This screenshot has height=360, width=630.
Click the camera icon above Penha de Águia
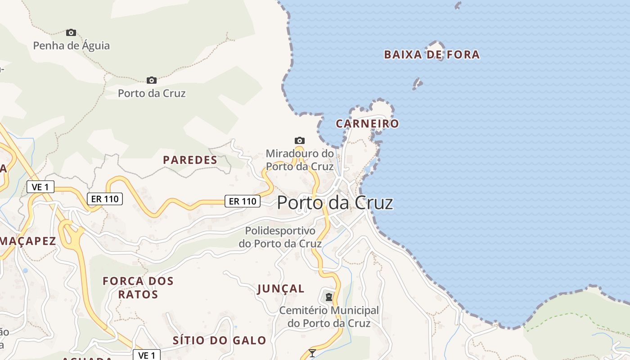click(71, 32)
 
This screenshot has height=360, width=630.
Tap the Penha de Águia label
click(72, 45)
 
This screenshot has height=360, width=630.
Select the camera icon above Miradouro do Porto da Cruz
click(299, 140)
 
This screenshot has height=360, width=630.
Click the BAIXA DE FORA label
click(432, 55)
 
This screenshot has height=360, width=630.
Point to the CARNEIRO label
click(367, 124)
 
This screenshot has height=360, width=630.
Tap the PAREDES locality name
click(190, 160)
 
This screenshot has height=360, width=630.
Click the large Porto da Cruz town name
click(335, 203)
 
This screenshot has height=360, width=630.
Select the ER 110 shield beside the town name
click(243, 201)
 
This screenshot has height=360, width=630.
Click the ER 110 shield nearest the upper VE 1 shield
click(104, 198)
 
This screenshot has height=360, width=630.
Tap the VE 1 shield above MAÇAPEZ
click(40, 187)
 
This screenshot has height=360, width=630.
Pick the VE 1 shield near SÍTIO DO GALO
click(147, 355)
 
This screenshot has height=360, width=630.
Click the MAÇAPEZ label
click(28, 241)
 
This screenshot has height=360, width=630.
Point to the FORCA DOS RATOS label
click(138, 288)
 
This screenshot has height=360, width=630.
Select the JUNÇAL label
click(281, 289)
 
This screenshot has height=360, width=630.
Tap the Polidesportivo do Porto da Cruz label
click(280, 237)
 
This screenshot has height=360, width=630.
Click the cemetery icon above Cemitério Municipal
click(329, 297)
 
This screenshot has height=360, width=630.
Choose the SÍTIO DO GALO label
click(219, 340)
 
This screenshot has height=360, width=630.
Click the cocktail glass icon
click(312, 353)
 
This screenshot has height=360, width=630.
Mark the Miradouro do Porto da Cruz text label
click(300, 160)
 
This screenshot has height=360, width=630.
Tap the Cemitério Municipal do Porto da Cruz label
click(329, 317)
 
